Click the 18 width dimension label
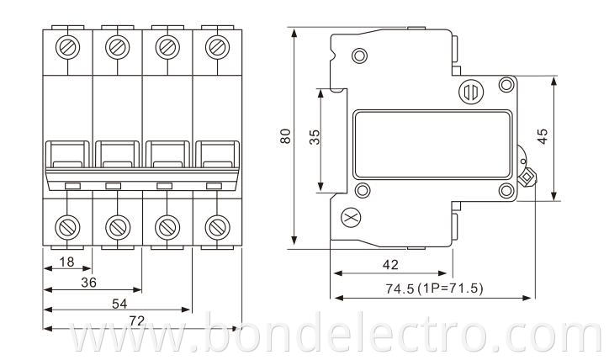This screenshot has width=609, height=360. point(66,262)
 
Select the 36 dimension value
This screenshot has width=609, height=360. point(88,283)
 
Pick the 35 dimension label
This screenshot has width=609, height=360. point(315,139)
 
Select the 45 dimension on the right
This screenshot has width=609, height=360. point(543,136)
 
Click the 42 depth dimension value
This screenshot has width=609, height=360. point(390,264)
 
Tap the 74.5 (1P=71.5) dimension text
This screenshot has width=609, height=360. point(434,289)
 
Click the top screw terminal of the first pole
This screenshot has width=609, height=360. point(66,45)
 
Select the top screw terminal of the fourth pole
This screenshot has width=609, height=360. point(218,45)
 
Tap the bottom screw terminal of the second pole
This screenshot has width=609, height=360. point(116,225)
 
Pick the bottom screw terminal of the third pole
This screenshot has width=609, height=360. point(167,225)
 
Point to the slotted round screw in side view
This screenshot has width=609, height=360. point(469,91)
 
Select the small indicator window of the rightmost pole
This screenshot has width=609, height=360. point(214,185)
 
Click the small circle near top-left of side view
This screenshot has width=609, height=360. point(359,56)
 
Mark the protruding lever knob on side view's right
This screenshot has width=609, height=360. point(527,177)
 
